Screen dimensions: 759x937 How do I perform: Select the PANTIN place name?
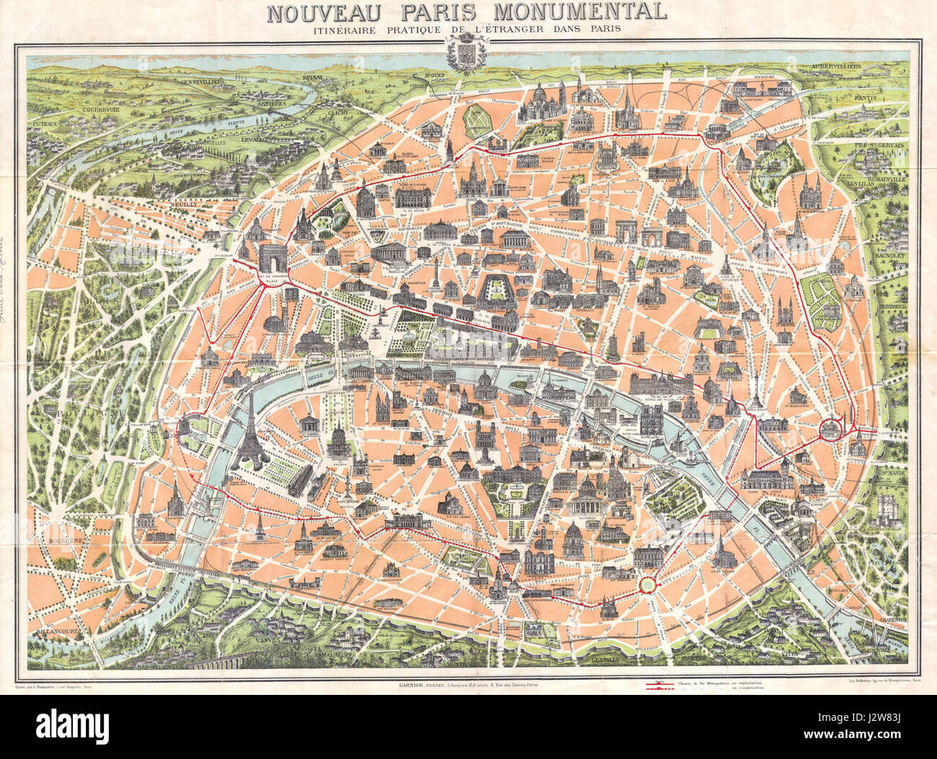pos(883,98)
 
